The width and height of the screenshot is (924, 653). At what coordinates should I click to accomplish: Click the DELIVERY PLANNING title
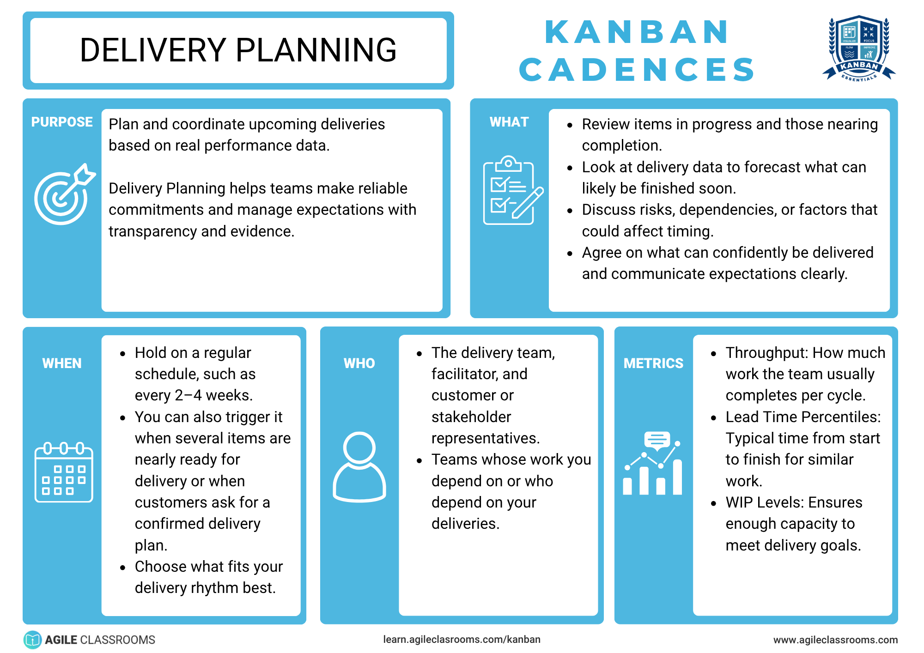(238, 50)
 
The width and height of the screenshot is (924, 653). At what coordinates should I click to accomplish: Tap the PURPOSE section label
(62, 122)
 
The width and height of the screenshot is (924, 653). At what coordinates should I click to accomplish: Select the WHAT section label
(509, 122)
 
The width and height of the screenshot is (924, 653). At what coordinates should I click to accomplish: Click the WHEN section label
(62, 363)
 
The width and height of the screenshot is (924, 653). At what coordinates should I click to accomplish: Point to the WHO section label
(359, 363)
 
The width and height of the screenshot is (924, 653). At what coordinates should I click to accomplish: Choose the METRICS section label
(653, 363)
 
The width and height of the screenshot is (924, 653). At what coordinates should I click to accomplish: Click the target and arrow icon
(65, 194)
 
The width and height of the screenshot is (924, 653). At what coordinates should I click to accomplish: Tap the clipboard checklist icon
(513, 190)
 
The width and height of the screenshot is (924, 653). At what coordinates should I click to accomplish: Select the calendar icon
(64, 472)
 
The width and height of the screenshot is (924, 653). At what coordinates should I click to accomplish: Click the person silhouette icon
(359, 467)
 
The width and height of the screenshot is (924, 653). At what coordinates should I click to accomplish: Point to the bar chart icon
(653, 463)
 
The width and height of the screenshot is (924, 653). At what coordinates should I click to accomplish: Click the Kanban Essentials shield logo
(859, 49)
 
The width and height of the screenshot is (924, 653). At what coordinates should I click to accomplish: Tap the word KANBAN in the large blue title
(637, 32)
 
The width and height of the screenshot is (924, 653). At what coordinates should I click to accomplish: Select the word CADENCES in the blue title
(637, 70)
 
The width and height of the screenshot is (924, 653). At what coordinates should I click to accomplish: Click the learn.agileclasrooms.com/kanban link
(462, 639)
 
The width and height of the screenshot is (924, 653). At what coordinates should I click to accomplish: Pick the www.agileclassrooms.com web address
(835, 640)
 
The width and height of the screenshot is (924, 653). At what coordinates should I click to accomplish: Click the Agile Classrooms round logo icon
(32, 640)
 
